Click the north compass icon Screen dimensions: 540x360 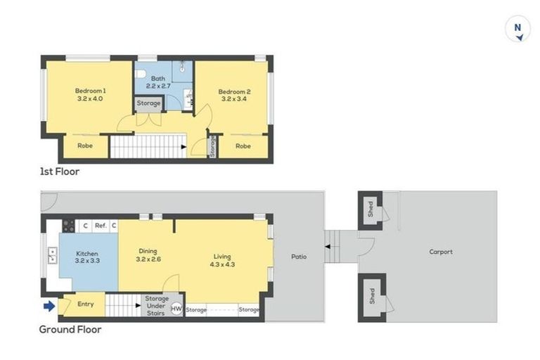coord(517,29)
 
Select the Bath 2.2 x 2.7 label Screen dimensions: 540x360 coord(158,82)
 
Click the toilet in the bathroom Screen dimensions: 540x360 coord(140,74)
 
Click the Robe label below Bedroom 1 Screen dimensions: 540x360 coord(85,146)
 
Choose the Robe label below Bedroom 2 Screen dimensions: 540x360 coord(243,146)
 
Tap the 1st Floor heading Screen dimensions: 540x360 coord(60,172)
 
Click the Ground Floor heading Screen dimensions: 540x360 coord(70,329)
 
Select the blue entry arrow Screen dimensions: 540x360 coord(49,306)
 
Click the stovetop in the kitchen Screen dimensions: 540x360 coord(68,226)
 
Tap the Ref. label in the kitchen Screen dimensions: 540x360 coord(101,226)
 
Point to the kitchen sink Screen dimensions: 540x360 coord(52,255)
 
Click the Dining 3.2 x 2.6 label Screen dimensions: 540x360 coord(148,255)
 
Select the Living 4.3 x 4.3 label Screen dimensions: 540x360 coord(222,260)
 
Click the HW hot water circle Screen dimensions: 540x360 coord(176,309)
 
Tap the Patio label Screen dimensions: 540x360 coord(299,257)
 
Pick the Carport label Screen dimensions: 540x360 coord(441,252)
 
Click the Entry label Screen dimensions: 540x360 coord(85,304)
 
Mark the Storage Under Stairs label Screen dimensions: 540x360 coord(157,306)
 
